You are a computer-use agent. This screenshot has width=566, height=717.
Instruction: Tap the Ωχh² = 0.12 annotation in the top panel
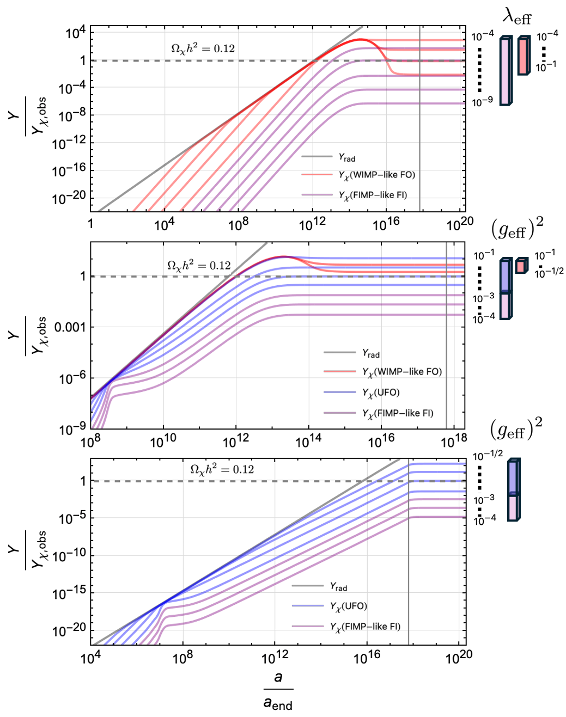203,48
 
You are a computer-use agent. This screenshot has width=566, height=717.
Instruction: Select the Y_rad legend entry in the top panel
346,158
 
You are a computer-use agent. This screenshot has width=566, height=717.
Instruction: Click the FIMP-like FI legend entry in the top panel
373,195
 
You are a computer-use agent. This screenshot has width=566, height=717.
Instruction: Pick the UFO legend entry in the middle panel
381,393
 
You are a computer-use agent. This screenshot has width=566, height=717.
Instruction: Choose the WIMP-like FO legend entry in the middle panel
402,372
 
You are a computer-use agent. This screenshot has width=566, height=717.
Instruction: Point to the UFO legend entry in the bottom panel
348,606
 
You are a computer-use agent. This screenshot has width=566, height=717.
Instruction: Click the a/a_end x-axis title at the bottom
278,691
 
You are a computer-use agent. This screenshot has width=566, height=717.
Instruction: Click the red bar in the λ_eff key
523,56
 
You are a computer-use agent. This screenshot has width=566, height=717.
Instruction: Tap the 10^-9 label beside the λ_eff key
482,101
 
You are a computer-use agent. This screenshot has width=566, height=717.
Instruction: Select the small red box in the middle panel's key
521,266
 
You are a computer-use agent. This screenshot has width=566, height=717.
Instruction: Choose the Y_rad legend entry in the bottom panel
338,586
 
